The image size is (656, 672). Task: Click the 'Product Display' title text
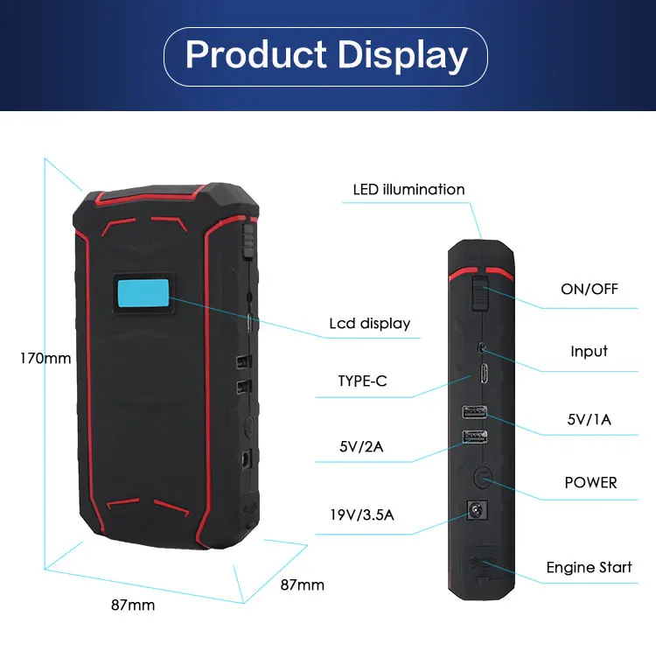point(327,55)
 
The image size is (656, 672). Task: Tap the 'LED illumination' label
point(408,189)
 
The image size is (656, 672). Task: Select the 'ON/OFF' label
point(589,289)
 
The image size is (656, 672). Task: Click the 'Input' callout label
point(589,351)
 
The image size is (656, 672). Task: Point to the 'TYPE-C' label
point(363,381)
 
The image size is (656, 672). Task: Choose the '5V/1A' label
point(589,419)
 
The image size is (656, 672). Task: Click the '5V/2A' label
point(361,449)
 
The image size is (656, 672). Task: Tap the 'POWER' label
point(590,482)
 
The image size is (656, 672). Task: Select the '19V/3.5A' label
point(362,514)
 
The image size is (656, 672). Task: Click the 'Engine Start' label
point(589,567)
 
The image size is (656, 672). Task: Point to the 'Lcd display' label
point(369,323)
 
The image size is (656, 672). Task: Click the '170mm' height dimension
point(45,357)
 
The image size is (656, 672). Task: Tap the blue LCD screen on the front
point(140,296)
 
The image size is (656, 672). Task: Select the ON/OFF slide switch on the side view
point(478,291)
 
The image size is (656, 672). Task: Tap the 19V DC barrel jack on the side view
point(478,510)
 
